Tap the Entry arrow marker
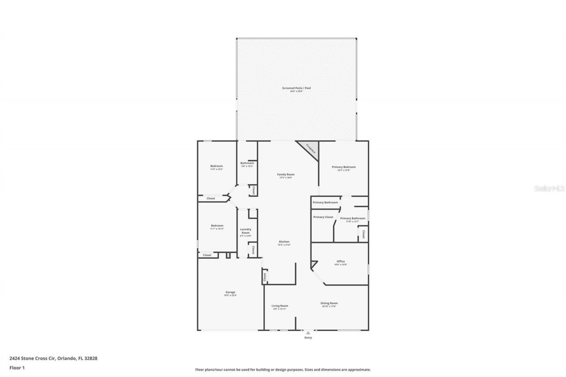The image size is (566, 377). point(308,333)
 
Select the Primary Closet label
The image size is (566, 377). point(323,217)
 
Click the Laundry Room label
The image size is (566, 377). point(245,231)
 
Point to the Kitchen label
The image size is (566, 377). point(284,242)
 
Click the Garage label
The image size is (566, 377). point(230,293)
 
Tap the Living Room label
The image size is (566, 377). point(279,306)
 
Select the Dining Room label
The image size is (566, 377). point(329,303)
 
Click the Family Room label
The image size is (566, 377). point(286,175)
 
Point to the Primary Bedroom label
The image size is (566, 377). point(344,167)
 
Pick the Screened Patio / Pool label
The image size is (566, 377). point(296,88)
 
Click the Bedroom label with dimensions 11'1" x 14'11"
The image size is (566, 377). point(217,226)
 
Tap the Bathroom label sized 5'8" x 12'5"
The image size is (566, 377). point(247,163)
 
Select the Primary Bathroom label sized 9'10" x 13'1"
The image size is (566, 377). point(352,218)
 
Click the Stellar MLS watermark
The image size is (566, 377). point(549,188)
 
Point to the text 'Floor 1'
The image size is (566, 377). point(16,367)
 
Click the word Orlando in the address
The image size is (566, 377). point(65,358)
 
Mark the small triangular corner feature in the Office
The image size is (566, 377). point(313,265)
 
